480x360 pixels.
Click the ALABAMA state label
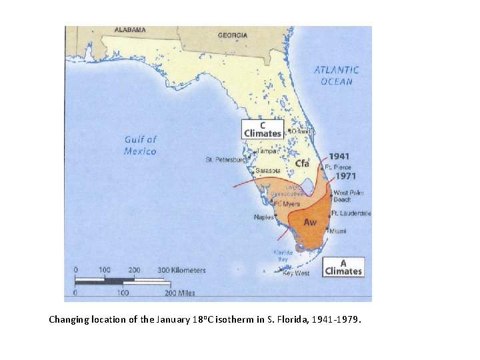(130, 30)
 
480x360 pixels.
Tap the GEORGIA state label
(233, 35)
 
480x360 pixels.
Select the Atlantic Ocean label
(337, 75)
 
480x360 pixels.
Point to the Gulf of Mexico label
(140, 145)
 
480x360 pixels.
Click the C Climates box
(262, 129)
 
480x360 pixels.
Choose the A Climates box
(343, 267)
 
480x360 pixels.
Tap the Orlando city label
(302, 131)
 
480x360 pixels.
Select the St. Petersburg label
(226, 160)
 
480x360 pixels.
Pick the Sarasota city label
(268, 171)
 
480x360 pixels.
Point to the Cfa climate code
(303, 163)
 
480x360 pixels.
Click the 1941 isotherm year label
(339, 157)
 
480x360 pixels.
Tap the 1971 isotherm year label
(345, 177)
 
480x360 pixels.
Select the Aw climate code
(310, 222)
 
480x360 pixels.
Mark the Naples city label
(264, 217)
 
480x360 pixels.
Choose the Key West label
(297, 273)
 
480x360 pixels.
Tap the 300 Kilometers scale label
(181, 270)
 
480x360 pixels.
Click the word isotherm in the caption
(237, 319)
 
